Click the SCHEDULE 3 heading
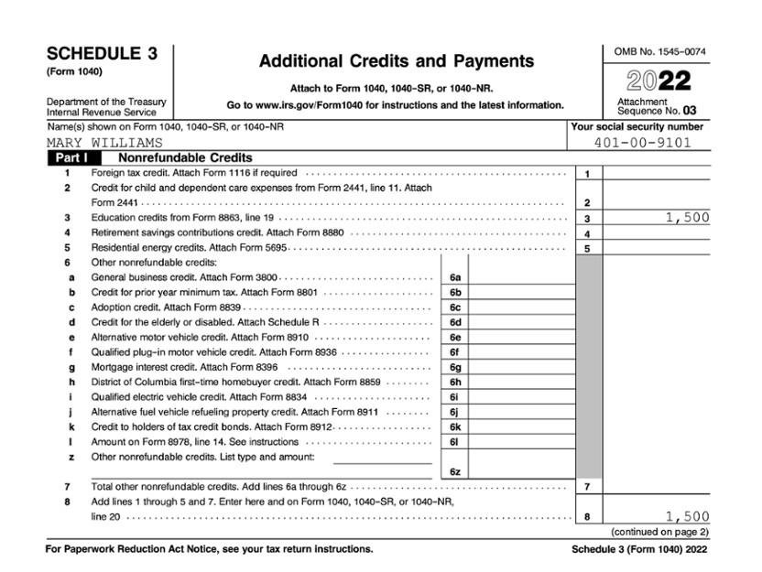pos(101,53)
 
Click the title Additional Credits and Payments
pos(396,61)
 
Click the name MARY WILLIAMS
pos(104,142)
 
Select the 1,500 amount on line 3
pos(683,218)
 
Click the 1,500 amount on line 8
pos(683,516)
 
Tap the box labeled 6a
pos(454,276)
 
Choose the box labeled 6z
pos(454,470)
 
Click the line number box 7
pos(586,487)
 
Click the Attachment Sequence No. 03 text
pos(657,105)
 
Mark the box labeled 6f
pos(454,351)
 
